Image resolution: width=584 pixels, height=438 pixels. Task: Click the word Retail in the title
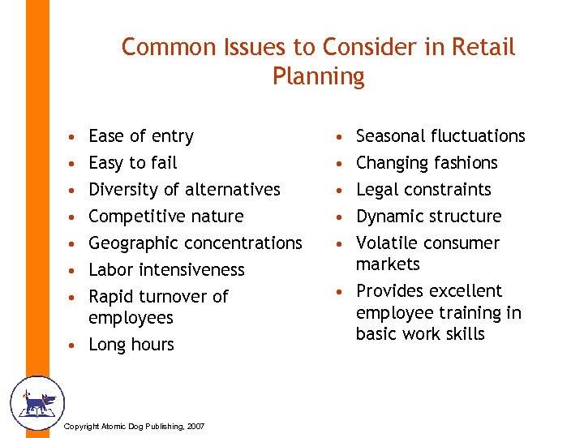484,47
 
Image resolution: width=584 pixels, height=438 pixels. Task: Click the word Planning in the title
319,76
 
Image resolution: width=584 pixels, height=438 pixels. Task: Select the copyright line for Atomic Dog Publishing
133,427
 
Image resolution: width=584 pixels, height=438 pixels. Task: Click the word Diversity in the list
122,189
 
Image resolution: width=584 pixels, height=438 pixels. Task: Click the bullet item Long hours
131,344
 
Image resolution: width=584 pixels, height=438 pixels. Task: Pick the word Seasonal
391,135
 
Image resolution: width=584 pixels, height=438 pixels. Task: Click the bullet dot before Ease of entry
74,136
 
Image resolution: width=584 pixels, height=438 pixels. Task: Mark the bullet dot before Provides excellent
342,291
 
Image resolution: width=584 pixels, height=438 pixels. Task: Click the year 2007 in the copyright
194,427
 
